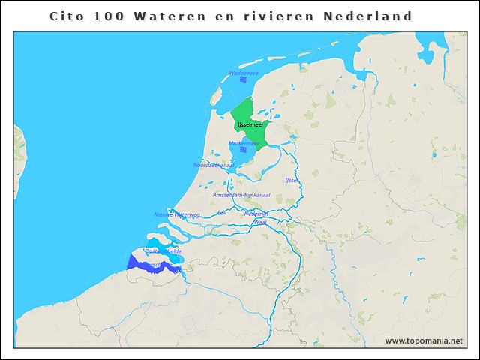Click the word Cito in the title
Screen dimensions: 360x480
pyautogui.click(x=64, y=16)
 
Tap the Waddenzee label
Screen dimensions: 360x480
pyautogui.click(x=244, y=73)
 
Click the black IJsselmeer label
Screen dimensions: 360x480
pyautogui.click(x=250, y=124)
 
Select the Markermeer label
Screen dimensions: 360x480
pyautogui.click(x=244, y=142)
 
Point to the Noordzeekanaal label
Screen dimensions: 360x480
pyautogui.click(x=213, y=165)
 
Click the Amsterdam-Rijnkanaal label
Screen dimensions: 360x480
pyautogui.click(x=241, y=195)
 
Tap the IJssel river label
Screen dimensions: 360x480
pyautogui.click(x=292, y=180)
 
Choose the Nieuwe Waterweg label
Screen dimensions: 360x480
pyautogui.click(x=177, y=214)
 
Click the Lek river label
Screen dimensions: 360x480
pyautogui.click(x=220, y=213)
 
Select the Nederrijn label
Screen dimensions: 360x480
pyautogui.click(x=256, y=214)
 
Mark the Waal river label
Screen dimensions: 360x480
pyautogui.click(x=261, y=223)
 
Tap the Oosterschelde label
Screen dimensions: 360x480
pyautogui.click(x=163, y=250)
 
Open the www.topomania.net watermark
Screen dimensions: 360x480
pyautogui.click(x=424, y=340)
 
